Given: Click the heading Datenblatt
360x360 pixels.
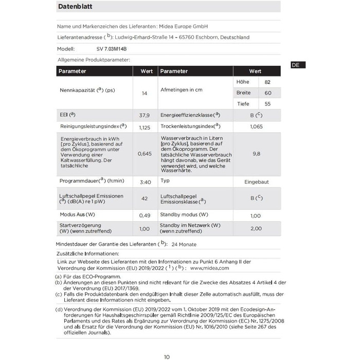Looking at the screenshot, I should point(76,7).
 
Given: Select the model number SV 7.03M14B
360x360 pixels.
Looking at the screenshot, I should point(111,49).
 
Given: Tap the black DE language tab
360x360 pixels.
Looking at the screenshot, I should point(298,65).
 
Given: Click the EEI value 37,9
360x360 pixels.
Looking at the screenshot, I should point(145,115).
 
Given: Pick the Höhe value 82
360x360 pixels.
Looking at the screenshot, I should point(267,82).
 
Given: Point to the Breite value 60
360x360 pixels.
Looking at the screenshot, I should point(267,93).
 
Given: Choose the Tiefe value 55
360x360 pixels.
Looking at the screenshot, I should point(267,104).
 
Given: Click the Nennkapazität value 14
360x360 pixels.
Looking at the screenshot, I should point(145,93).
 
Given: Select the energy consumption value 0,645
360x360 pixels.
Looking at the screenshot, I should point(145,154).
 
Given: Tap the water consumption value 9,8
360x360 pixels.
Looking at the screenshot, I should point(257,154).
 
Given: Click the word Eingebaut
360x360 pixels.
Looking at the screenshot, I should point(256,182).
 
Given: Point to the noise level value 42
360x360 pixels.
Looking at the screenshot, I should point(145,198).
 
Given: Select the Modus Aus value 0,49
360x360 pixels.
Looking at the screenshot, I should point(145,215).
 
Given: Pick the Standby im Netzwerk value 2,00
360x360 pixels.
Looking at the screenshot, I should point(256,228).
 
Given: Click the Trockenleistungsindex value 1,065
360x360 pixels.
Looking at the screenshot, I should point(256,126).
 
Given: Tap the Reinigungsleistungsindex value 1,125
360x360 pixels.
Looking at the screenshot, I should point(145,127).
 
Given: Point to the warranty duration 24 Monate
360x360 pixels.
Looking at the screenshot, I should point(184,244).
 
